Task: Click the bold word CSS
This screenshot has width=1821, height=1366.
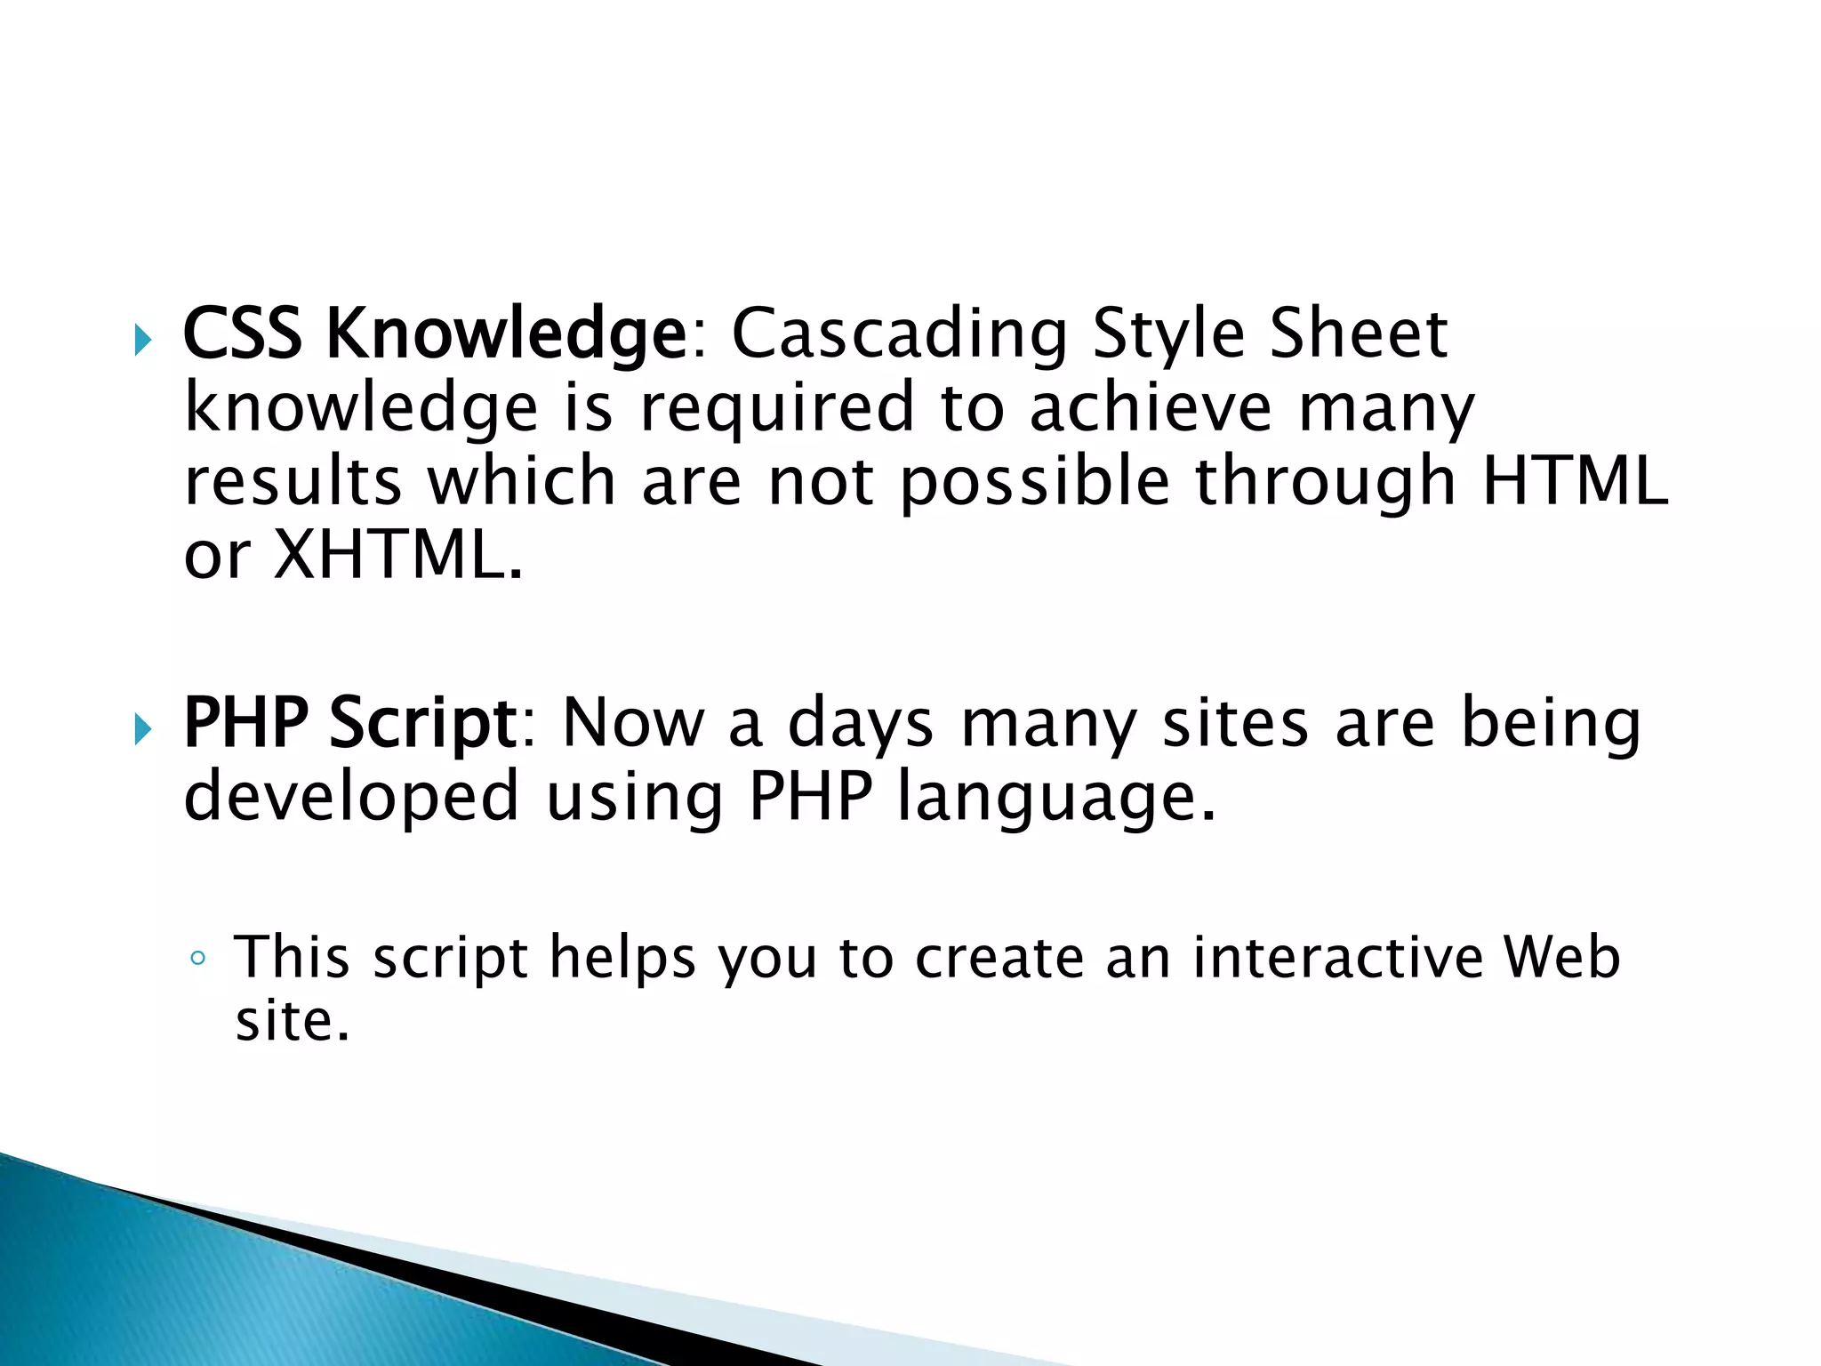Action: tap(242, 333)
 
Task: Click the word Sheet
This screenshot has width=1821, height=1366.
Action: tap(1359, 333)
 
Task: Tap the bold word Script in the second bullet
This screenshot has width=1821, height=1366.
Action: tap(423, 723)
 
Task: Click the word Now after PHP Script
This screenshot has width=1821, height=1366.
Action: tap(633, 722)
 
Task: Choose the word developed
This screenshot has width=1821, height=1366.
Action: tap(351, 797)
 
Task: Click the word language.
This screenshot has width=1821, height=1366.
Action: tap(1055, 799)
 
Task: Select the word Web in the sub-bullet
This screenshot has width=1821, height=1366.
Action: tap(1561, 958)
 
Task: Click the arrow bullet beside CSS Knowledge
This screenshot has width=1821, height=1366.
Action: tap(143, 340)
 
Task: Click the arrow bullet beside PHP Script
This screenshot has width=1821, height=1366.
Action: tap(143, 729)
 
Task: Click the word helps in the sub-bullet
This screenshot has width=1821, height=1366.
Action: tap(622, 960)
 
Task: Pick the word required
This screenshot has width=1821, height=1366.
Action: tap(777, 409)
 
